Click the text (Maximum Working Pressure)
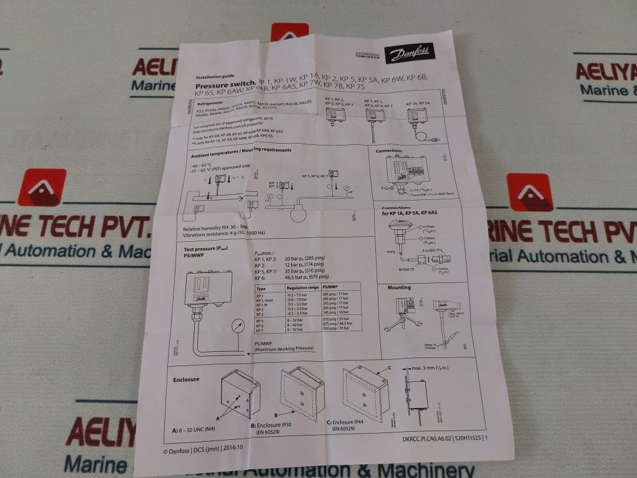tap(282, 351)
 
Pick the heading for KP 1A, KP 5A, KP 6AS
tap(410, 214)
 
